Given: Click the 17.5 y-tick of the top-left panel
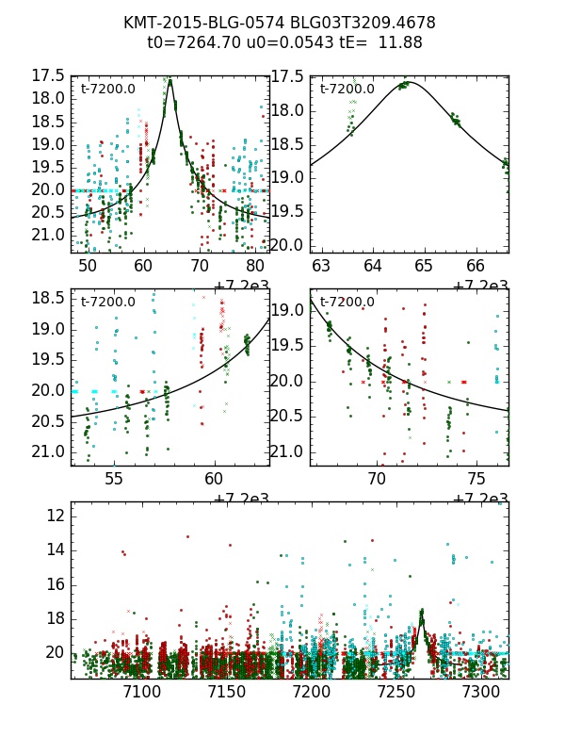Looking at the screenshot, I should point(47,75).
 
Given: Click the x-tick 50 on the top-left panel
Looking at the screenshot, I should point(88,267).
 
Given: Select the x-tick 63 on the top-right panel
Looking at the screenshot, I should point(322,267).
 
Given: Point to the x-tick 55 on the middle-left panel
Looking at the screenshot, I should point(114,479).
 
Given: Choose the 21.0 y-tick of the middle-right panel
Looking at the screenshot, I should point(288,451).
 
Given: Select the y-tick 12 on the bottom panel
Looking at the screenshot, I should point(54,516).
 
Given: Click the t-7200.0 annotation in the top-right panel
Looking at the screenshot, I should point(347,90).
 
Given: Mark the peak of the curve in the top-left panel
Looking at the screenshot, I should point(170,80).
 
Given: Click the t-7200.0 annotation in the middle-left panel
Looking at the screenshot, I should point(108,303).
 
